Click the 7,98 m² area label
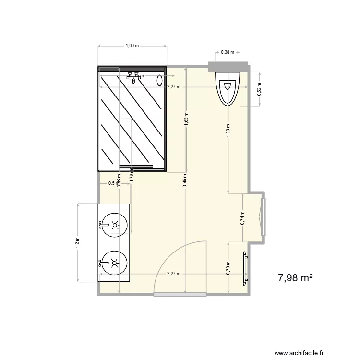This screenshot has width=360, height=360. point(296,278)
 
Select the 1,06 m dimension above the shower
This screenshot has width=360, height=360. point(132,46)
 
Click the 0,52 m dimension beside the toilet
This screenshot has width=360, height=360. point(260,90)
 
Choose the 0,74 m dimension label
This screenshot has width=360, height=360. point(243,218)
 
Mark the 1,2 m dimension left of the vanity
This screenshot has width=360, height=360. point(77,243)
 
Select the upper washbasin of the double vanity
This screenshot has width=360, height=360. point(114,224)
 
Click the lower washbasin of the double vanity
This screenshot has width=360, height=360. point(114,263)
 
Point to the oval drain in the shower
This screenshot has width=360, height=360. point(160,80)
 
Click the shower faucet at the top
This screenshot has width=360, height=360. point(133,77)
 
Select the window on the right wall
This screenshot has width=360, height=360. point(263,216)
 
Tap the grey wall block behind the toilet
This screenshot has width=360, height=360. point(228,67)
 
